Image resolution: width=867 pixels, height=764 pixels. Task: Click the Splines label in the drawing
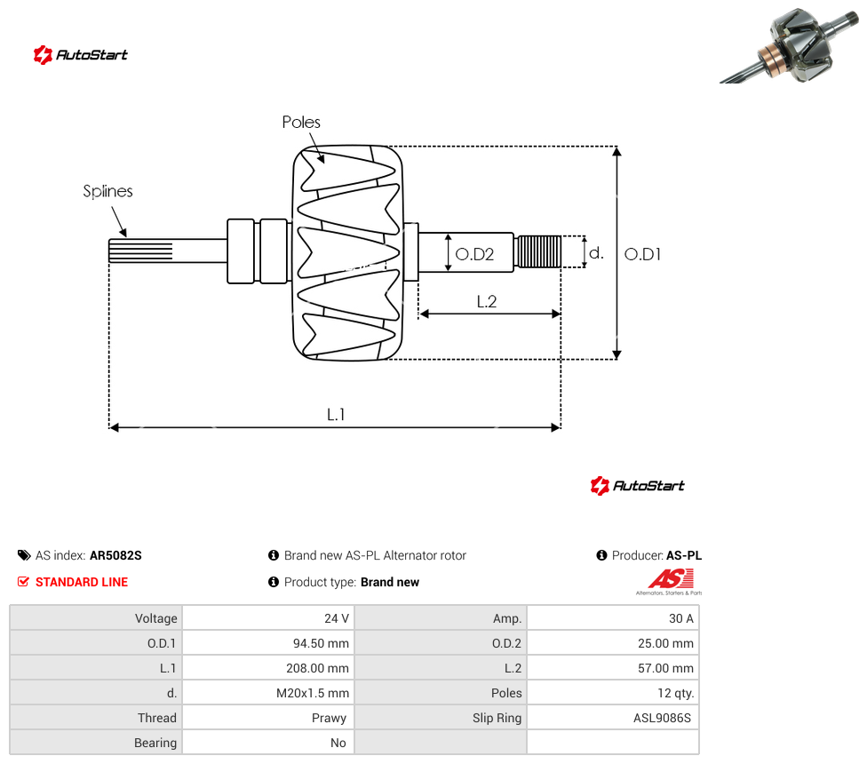(107, 191)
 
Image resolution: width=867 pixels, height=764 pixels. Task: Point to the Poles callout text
(301, 122)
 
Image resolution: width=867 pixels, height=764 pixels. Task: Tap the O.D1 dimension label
(642, 254)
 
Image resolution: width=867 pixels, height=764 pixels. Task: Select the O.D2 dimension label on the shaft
(474, 254)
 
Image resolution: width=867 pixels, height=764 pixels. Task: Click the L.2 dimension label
(487, 301)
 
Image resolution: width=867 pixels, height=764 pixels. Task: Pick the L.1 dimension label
(336, 414)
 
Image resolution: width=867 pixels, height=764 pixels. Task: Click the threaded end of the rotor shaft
(537, 251)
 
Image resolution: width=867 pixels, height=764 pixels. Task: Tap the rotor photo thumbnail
(791, 45)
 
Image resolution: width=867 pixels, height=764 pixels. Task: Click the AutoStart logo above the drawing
(81, 55)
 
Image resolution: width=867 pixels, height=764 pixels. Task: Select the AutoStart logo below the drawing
(638, 485)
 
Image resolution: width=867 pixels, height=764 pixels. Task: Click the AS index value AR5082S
(115, 555)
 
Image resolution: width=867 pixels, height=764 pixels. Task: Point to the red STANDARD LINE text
(82, 582)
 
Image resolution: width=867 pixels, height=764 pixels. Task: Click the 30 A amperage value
(681, 618)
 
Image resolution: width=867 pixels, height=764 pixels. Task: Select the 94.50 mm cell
(321, 643)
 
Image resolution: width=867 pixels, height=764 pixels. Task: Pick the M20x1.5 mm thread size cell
(313, 693)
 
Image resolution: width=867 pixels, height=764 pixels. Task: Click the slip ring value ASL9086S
(663, 718)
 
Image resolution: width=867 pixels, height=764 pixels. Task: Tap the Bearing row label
(155, 743)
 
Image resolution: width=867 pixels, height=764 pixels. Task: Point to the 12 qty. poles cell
(676, 693)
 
